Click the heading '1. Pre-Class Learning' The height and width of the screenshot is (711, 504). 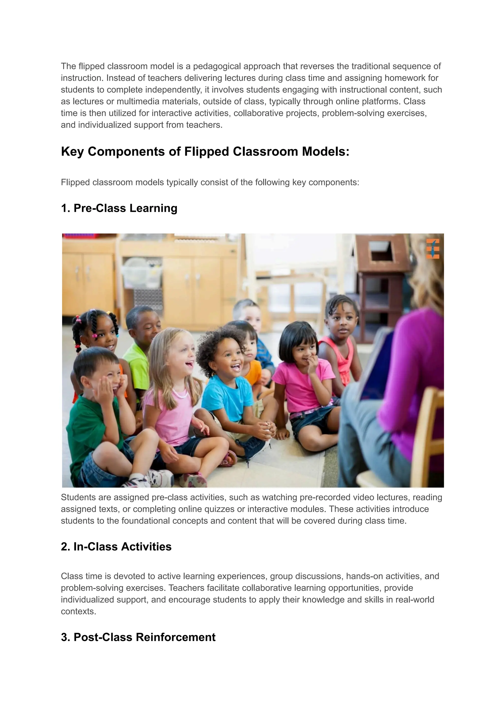(x=119, y=208)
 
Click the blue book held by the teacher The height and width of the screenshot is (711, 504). (x=376, y=366)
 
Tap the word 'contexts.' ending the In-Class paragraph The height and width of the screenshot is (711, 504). (x=79, y=611)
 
